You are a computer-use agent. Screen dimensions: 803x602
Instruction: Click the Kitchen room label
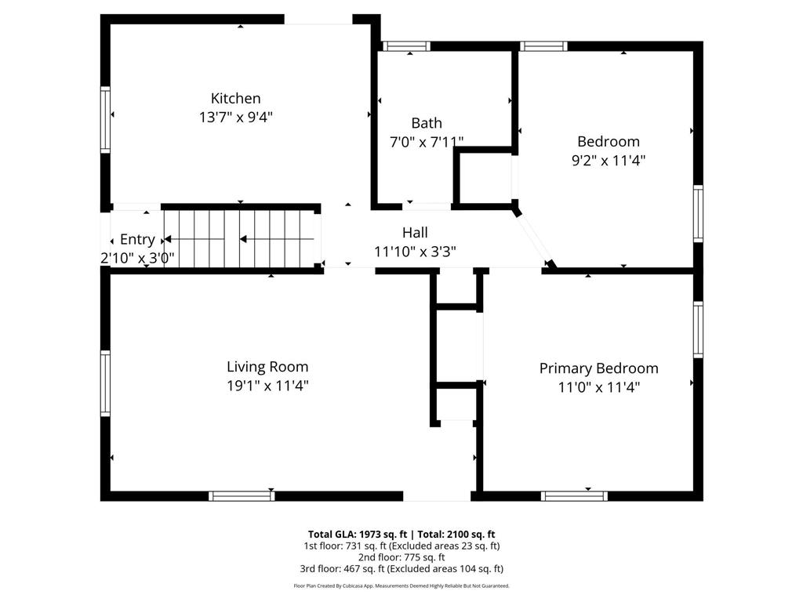tap(235, 98)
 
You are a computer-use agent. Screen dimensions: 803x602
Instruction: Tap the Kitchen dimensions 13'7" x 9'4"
tap(235, 118)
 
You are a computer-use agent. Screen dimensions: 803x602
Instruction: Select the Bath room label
tap(427, 123)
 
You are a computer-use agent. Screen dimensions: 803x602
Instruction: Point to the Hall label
tap(415, 232)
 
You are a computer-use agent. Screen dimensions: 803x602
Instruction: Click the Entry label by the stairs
tap(137, 240)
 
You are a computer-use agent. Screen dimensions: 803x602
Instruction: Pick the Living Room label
tap(267, 367)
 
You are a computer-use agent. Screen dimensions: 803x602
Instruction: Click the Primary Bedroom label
tap(598, 368)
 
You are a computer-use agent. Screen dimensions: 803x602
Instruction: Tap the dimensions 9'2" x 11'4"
tap(609, 160)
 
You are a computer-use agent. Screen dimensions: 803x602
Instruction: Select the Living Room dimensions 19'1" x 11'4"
tap(267, 386)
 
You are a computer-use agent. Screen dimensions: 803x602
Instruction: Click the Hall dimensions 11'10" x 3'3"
tap(415, 252)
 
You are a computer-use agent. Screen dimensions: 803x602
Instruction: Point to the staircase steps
tap(239, 239)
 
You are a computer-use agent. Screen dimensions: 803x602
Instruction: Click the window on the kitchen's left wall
tap(105, 120)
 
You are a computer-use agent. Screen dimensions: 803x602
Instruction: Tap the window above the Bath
tap(407, 46)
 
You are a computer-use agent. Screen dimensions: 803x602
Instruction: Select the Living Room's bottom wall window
tap(242, 495)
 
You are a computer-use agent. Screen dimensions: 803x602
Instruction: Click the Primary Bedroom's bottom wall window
tap(574, 495)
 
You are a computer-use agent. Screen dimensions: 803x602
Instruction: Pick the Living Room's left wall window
tap(105, 383)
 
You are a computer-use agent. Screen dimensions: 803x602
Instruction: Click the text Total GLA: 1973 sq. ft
tap(358, 535)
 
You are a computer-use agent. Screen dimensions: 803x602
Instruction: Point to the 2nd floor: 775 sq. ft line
tap(401, 557)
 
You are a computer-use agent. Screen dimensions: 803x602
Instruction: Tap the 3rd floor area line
tap(401, 569)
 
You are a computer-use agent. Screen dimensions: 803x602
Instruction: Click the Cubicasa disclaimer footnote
tap(401, 586)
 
